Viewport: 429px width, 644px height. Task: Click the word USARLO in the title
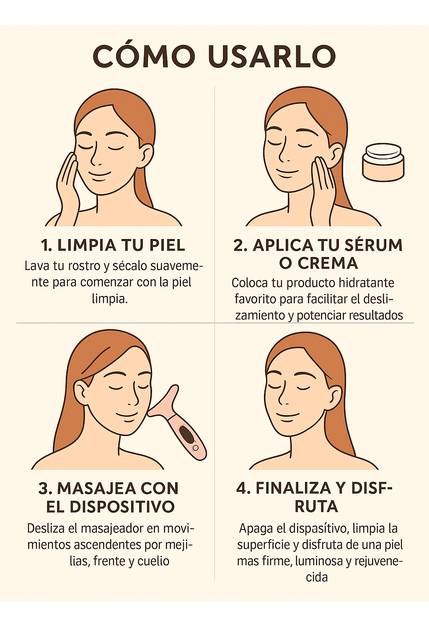click(272, 56)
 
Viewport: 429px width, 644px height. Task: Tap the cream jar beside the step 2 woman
click(383, 163)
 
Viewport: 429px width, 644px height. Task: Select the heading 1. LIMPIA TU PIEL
click(113, 245)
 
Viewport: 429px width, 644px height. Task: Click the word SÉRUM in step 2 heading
click(373, 245)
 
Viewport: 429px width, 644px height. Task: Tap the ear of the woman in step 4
click(336, 398)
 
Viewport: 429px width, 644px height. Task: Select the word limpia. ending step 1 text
click(110, 299)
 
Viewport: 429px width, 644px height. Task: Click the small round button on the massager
click(196, 448)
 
